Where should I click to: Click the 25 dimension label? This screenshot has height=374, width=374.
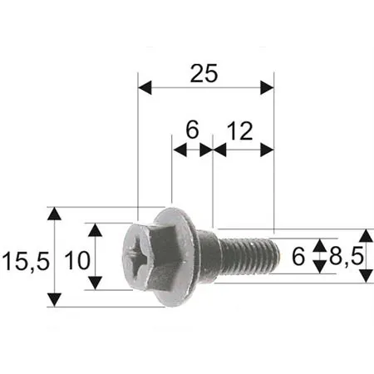click(204, 73)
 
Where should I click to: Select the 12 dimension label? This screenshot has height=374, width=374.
click(239, 130)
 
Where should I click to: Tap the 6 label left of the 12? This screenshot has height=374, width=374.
click(191, 130)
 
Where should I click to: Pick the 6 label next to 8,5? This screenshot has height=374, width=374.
click(298, 257)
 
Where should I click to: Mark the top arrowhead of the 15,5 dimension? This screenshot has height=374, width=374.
click(55, 214)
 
